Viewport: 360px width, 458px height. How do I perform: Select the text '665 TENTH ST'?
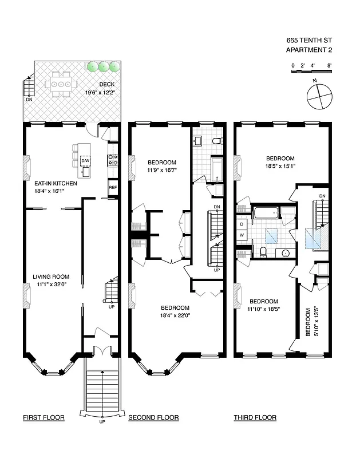point(308,41)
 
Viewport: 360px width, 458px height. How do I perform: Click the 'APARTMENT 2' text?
point(308,50)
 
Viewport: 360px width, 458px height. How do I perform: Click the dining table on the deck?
point(61,84)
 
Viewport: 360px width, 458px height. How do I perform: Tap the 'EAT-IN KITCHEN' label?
point(51,184)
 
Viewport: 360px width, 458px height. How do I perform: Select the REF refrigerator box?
point(113,187)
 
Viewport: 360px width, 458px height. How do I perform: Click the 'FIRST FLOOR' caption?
point(43,418)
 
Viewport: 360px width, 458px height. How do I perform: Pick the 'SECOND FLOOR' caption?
point(153,418)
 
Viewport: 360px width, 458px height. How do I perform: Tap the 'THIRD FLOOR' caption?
point(255,418)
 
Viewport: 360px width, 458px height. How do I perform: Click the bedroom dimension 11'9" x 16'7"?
point(162,170)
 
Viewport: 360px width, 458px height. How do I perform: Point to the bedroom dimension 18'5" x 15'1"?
point(280,167)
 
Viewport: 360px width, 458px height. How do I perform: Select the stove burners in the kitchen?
point(113,159)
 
